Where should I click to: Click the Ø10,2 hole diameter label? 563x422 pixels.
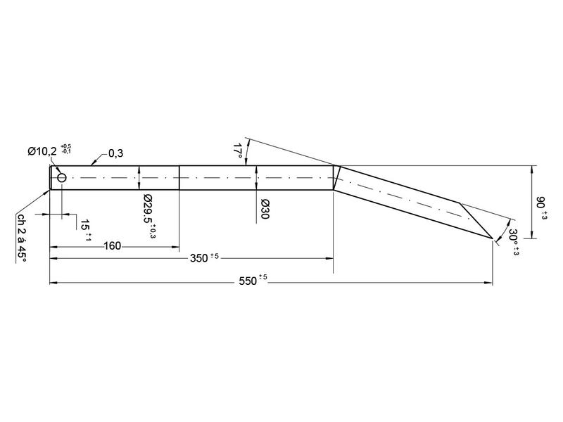point(44,151)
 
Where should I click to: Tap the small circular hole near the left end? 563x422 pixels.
point(62,178)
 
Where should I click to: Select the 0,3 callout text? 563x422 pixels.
point(115,153)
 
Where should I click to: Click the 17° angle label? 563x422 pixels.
point(237,151)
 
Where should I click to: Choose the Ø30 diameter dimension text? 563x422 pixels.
point(265,209)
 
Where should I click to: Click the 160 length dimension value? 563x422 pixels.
point(112,245)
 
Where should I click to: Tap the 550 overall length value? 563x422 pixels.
point(248,281)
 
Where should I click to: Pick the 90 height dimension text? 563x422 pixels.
point(541,204)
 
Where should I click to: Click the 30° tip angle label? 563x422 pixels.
point(513,241)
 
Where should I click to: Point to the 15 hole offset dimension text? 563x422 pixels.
point(85,225)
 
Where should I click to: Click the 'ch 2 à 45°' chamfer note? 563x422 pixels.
point(21,238)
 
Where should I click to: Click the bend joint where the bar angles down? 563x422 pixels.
point(335,178)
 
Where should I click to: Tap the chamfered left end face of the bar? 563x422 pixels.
point(50,178)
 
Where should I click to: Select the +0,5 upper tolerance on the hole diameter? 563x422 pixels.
point(66,146)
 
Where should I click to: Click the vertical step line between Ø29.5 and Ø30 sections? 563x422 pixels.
point(180,178)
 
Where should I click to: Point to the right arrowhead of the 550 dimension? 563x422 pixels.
point(488,283)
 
